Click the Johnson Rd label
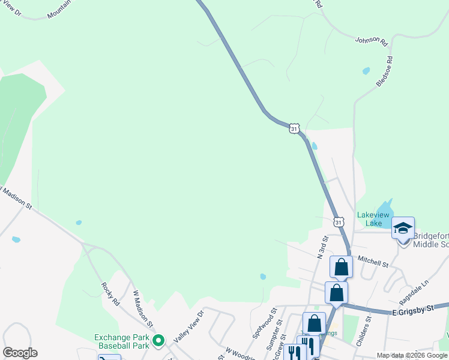click(x=370, y=40)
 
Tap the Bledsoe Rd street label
click(x=384, y=71)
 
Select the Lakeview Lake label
click(x=374, y=219)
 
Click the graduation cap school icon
click(x=403, y=228)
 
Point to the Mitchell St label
click(x=373, y=261)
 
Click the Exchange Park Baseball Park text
click(x=121, y=341)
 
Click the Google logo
click(x=20, y=353)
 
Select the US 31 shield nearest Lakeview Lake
click(x=339, y=222)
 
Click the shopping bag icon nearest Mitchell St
click(x=341, y=267)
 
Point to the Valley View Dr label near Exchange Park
click(x=189, y=326)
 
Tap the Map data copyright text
click(x=412, y=355)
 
